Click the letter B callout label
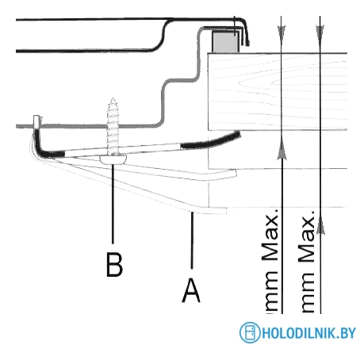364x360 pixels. click(114, 265)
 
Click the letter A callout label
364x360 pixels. click(191, 291)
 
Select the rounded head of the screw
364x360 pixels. click(113, 159)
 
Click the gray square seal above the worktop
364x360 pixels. click(225, 41)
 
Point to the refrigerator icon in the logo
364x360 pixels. click(250, 332)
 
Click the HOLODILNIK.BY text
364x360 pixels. click(309, 333)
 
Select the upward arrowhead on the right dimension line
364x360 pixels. click(320, 224)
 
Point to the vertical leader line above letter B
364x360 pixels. click(113, 204)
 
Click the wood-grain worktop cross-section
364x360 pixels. click(278, 91)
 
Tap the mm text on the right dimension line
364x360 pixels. click(308, 292)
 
